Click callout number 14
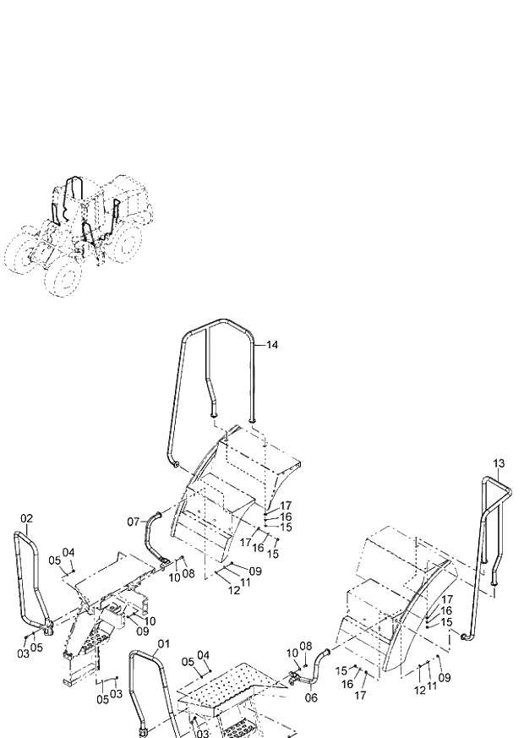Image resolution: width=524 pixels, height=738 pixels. [x=271, y=345]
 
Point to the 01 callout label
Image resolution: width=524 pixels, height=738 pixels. [x=162, y=644]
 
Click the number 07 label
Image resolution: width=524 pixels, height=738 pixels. [x=134, y=522]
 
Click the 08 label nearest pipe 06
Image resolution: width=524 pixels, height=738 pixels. [x=306, y=646]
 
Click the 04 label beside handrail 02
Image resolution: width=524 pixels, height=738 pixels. [x=69, y=552]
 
